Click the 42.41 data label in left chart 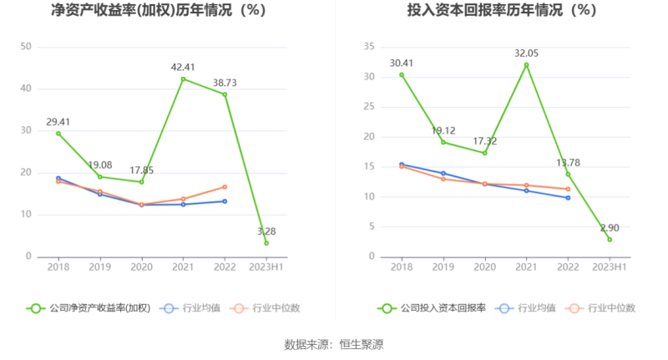[x=183, y=67]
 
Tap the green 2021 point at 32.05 [x=526, y=65]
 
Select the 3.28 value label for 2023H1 [x=266, y=231]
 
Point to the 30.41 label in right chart [x=402, y=63]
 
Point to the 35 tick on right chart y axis [x=368, y=47]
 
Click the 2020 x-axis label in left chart [x=141, y=267]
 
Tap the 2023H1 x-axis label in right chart [x=610, y=267]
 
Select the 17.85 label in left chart [x=141, y=170]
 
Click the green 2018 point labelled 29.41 [x=58, y=133]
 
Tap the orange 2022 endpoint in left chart [x=225, y=186]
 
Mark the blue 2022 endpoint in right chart [x=568, y=197]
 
